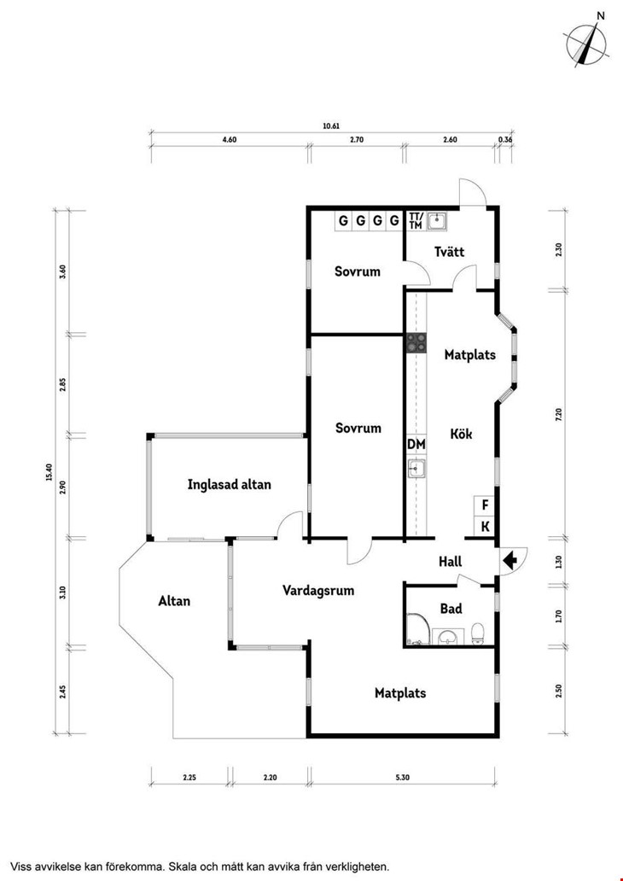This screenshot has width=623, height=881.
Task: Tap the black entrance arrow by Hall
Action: coord(510,560)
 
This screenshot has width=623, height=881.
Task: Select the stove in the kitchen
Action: coord(416,342)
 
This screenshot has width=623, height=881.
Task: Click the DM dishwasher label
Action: coord(416,445)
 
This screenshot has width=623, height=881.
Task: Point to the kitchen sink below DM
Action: coord(416,468)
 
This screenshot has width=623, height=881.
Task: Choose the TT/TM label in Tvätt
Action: coord(416,221)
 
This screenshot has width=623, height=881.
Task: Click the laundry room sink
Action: coord(437,221)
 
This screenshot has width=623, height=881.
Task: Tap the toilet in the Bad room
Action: coord(478,633)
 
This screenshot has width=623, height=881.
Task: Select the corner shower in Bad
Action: coord(417,628)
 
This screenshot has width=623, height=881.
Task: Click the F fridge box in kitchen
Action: coord(485,505)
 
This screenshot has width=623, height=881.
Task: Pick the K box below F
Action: coord(485,527)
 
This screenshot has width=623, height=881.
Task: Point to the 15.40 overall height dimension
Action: coord(49,472)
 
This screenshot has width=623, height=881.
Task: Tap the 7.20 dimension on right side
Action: coord(558,415)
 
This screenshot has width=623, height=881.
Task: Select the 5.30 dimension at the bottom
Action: coord(402,779)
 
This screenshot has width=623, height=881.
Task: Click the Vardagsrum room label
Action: coord(318,591)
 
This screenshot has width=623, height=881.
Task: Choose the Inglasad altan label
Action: coord(230,484)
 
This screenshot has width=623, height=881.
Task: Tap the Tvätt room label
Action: coord(450,252)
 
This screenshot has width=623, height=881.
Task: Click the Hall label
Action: coord(451,562)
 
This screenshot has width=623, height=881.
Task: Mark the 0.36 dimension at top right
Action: coord(505,140)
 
